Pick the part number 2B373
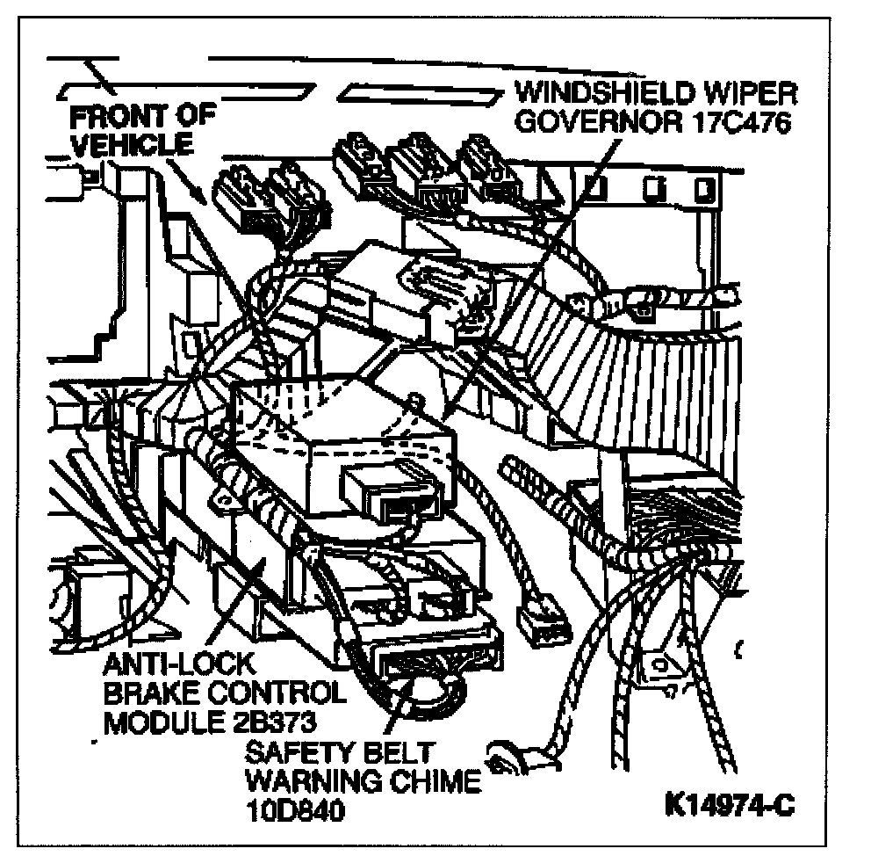point(267,722)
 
